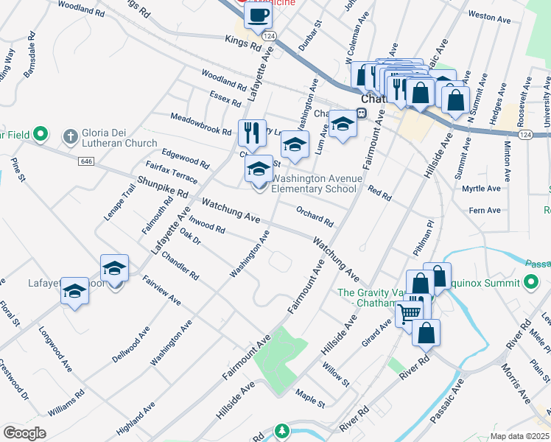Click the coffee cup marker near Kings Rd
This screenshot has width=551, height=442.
(x=257, y=15)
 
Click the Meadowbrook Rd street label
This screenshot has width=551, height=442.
(x=201, y=122)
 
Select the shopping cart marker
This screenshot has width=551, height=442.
(x=410, y=313)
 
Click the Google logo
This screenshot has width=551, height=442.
(x=24, y=433)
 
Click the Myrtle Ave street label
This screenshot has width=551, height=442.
(x=481, y=189)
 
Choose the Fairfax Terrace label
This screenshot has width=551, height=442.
(x=171, y=174)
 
